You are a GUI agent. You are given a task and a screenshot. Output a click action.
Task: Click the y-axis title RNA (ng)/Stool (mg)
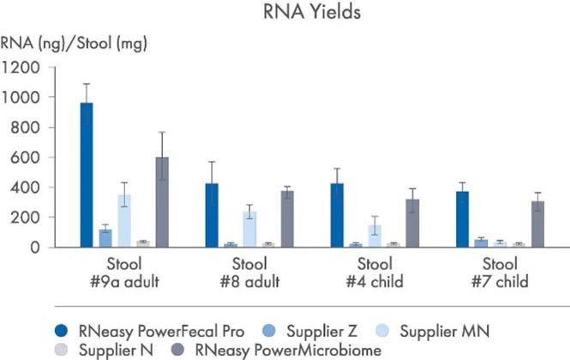click(69, 41)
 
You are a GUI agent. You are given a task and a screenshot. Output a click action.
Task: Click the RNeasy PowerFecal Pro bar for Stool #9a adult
click(87, 175)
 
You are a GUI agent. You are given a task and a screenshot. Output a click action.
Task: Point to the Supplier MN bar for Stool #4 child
click(375, 236)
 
